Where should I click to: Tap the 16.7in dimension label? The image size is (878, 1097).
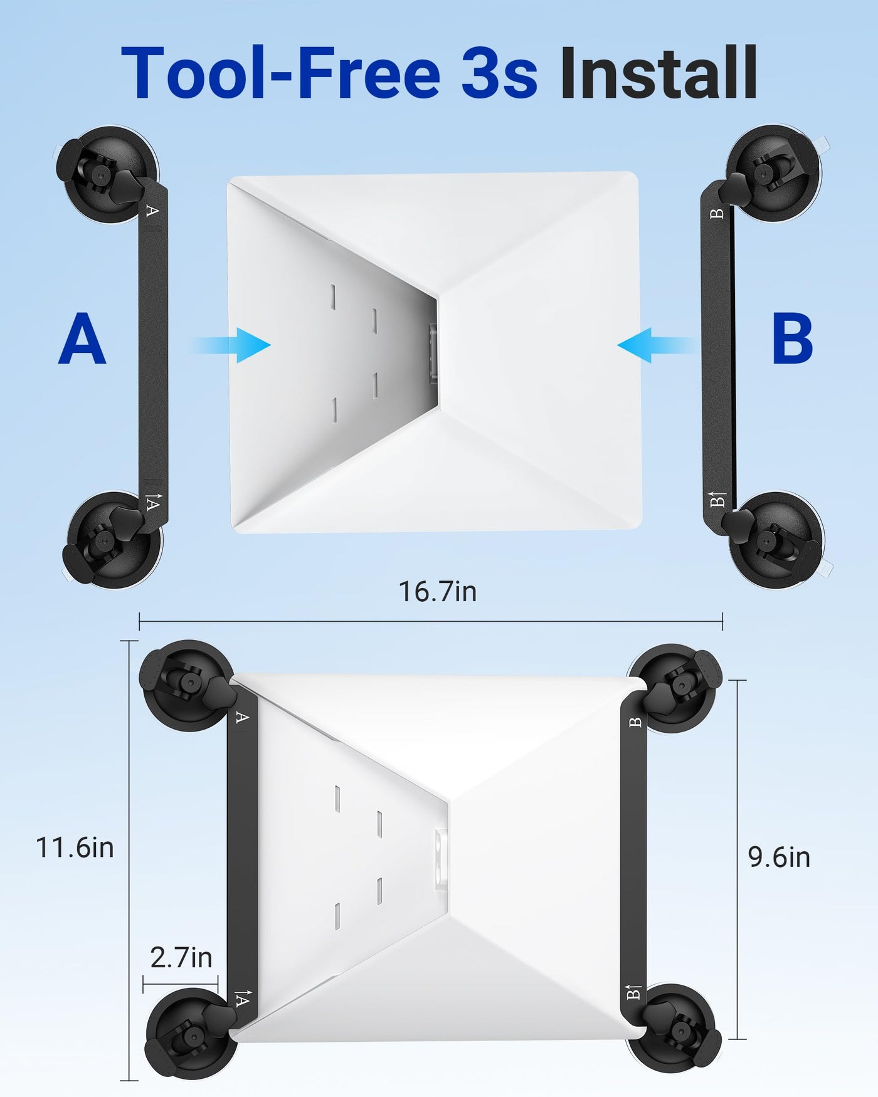pyautogui.click(x=438, y=591)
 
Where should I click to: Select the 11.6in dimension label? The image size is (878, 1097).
pyautogui.click(x=75, y=848)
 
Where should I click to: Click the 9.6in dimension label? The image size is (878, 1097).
pyautogui.click(x=780, y=857)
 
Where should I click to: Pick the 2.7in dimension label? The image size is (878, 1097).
pyautogui.click(x=181, y=958)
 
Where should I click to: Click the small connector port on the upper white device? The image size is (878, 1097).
pyautogui.click(x=431, y=354)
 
